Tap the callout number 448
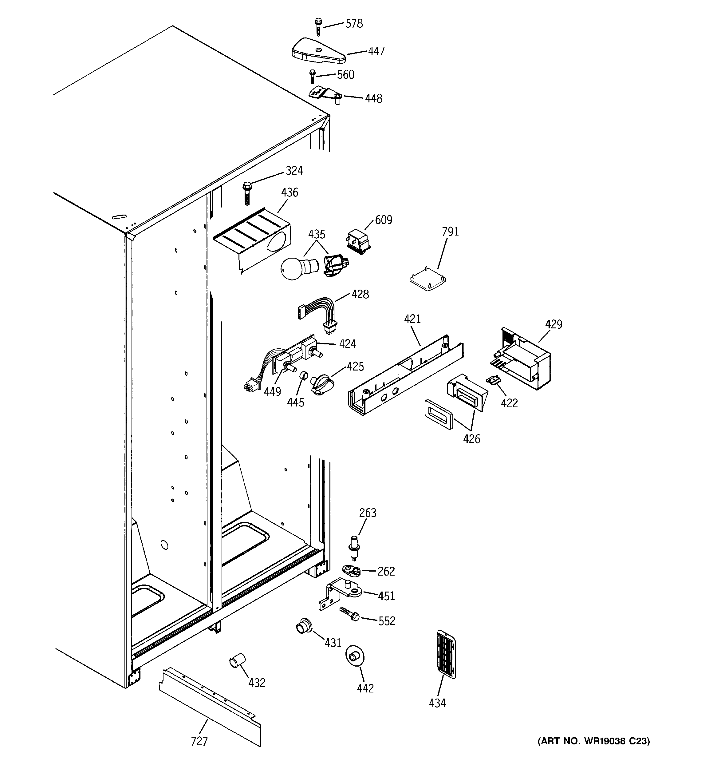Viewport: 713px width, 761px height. tap(373, 99)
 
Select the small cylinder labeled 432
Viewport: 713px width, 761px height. tap(237, 661)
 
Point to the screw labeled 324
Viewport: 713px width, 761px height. tap(246, 193)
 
